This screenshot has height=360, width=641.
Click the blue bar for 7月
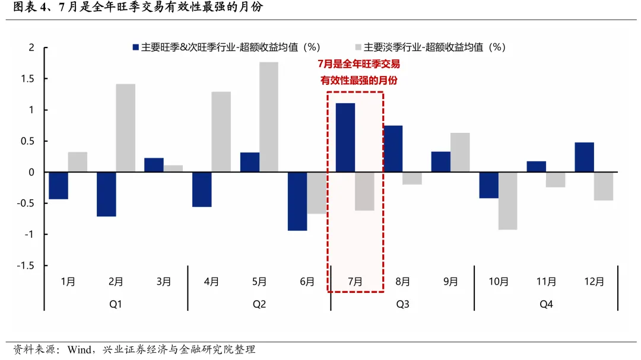pyautogui.click(x=345, y=138)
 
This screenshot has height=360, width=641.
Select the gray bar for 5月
pyautogui.click(x=269, y=117)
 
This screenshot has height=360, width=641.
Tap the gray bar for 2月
pyautogui.click(x=126, y=128)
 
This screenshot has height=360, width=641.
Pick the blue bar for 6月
pyautogui.click(x=297, y=201)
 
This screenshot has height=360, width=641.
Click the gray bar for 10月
pyautogui.click(x=508, y=200)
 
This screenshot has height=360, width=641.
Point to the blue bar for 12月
pyautogui.click(x=584, y=157)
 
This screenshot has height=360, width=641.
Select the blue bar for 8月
pyautogui.click(x=393, y=149)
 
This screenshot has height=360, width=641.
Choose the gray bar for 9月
pyautogui.click(x=460, y=152)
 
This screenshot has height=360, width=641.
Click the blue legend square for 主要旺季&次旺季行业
pyautogui.click(x=136, y=47)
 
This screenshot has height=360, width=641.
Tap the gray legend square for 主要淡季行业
pyautogui.click(x=358, y=47)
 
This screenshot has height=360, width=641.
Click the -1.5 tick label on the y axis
pyautogui.click(x=26, y=266)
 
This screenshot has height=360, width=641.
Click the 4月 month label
pyautogui.click(x=211, y=282)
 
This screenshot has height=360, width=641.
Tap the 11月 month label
pyautogui.click(x=546, y=282)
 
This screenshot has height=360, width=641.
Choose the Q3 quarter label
pyautogui.click(x=402, y=304)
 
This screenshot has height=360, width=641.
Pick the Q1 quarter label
pyautogui.click(x=116, y=304)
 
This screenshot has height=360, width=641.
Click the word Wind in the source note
pyautogui.click(x=80, y=349)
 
